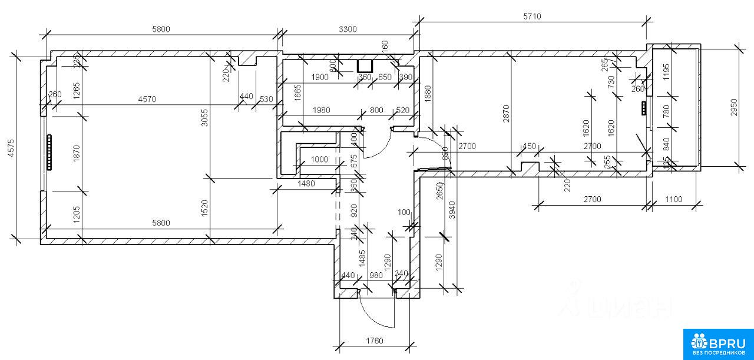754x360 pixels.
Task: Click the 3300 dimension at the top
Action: pos(348,29)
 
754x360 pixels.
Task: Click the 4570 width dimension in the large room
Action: pos(147,100)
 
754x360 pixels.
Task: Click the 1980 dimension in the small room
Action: pos(322,110)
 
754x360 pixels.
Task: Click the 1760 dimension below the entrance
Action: pos(374,341)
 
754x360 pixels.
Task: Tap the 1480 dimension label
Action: pos(306,183)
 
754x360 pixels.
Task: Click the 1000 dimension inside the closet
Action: pos(320,159)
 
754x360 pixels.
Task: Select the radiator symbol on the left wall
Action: pos(49,153)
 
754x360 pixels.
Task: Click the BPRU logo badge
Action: pos(718,344)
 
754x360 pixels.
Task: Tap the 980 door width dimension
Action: pos(376,275)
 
